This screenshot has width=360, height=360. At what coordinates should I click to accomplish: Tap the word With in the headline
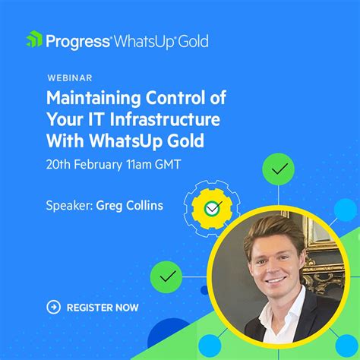coord(65,141)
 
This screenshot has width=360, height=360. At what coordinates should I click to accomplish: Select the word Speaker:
coord(69,204)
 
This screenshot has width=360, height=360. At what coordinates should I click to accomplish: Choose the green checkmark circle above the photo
coord(279,170)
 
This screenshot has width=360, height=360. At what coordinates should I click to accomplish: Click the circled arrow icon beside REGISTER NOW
coord(53,307)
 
